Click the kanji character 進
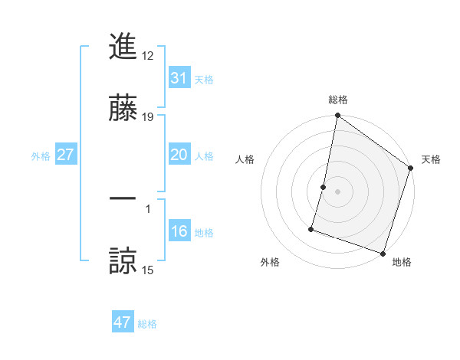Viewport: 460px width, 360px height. tap(123, 47)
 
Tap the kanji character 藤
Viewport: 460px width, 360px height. tap(123, 110)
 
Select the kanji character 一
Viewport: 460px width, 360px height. tap(123, 198)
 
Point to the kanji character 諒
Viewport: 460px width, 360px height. tap(123, 260)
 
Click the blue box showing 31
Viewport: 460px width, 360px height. tap(179, 77)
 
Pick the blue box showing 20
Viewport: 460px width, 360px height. tap(179, 155)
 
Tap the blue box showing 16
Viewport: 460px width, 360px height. tap(179, 231)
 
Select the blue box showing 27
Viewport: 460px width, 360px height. tap(65, 155)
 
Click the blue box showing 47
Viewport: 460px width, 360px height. tap(123, 322)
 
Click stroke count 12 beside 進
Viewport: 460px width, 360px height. tap(148, 55)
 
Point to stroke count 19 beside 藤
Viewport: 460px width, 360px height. tap(148, 117)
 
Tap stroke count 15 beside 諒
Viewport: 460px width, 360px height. tap(148, 269)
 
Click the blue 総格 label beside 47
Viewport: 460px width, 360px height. tap(147, 324)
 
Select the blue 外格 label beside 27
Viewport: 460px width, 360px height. tap(41, 155)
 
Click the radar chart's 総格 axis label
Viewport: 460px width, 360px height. tap(338, 100)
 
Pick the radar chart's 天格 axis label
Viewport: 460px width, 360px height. tap(431, 159)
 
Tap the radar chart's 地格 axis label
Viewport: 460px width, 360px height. tap(402, 262)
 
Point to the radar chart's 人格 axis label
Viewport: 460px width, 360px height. tap(245, 159)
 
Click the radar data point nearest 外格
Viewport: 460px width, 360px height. tap(312, 229)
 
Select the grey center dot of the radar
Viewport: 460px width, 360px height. tap(338, 191)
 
